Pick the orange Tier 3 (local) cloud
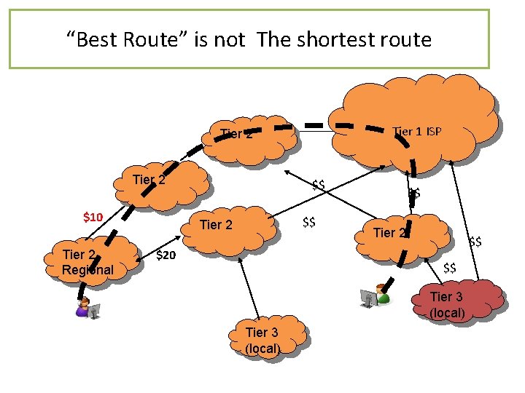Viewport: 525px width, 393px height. [x=266, y=339]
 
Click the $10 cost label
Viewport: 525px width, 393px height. [x=93, y=217]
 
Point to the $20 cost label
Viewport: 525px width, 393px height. [x=166, y=255]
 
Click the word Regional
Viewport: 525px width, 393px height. [x=87, y=270]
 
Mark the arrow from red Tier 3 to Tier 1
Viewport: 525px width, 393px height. [x=467, y=218]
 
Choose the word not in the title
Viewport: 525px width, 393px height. [x=235, y=39]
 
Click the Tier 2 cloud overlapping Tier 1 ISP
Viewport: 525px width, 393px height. [x=248, y=135]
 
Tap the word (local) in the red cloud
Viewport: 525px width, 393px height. [x=447, y=313]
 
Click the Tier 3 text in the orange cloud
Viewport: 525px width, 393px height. [x=262, y=333]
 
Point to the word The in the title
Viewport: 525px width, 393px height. [x=273, y=39]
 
